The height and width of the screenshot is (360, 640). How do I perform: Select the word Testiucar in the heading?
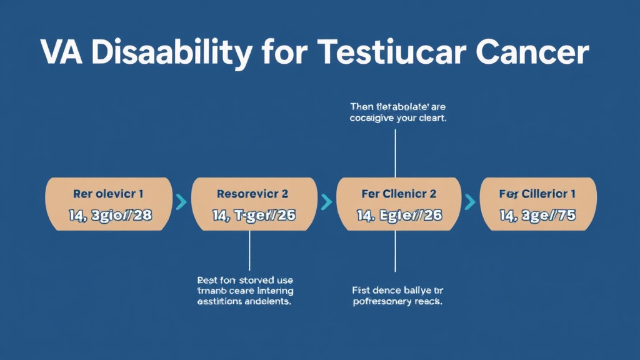coord(388,54)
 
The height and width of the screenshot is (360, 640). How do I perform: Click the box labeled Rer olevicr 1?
coord(109,194)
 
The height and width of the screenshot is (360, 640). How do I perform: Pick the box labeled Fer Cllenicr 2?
coord(399,194)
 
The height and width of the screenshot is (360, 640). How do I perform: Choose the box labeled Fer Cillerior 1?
coord(537,194)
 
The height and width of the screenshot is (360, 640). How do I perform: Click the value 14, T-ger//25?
coord(253,216)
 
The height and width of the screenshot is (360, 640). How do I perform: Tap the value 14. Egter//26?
coord(399,216)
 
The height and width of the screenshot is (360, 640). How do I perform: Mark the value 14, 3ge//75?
coord(537,216)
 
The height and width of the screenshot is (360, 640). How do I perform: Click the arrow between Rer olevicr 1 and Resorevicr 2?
coord(181,202)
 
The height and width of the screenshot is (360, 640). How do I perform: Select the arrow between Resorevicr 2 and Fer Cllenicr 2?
coord(326,202)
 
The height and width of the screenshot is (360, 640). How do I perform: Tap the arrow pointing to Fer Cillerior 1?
coord(470,202)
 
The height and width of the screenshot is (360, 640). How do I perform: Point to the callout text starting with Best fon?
coord(245,291)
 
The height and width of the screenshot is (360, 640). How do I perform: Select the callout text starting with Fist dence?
coord(397,296)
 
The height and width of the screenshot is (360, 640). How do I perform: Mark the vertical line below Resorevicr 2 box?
coord(249,250)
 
